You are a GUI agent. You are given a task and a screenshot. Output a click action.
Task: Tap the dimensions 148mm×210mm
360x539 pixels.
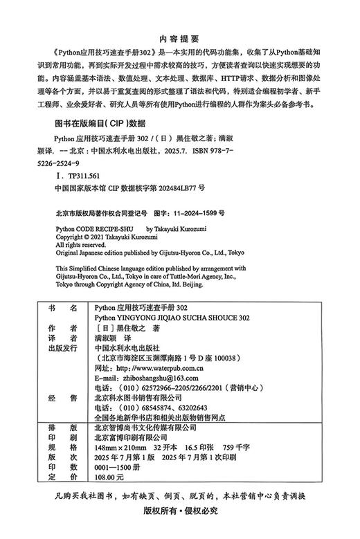tap(118, 448)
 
